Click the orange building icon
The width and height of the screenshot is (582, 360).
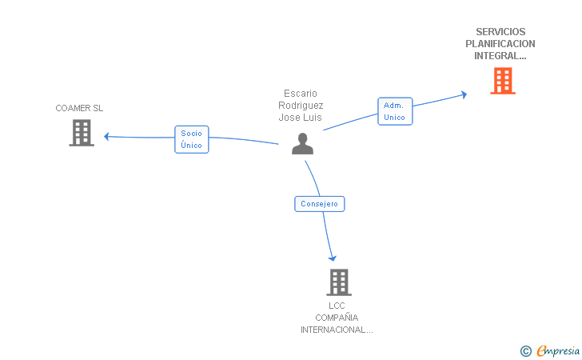pos(502,81)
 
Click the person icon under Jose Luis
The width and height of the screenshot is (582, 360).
pos(302,143)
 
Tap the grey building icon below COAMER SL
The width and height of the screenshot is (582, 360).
pos(82,133)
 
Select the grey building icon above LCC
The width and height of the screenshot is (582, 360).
pos(339,282)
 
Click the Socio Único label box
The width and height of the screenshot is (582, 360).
pos(191,139)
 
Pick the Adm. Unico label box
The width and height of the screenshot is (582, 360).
pos(394,111)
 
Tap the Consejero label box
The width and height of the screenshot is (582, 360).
pos(319,204)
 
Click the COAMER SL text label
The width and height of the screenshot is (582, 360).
pos(79,108)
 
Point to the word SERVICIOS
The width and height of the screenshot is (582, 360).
pos(500,32)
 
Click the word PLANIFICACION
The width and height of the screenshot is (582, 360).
pos(500,44)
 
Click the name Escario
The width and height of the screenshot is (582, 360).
pos(301,94)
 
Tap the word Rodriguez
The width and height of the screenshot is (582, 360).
pos(301,106)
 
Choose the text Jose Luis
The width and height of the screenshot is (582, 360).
pos(301,118)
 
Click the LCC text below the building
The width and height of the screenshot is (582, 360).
pos(337,306)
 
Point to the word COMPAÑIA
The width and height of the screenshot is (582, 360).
pos(337,318)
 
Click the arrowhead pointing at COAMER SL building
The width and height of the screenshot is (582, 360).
pos(106,136)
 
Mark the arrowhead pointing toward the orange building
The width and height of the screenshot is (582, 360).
pos(463,94)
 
